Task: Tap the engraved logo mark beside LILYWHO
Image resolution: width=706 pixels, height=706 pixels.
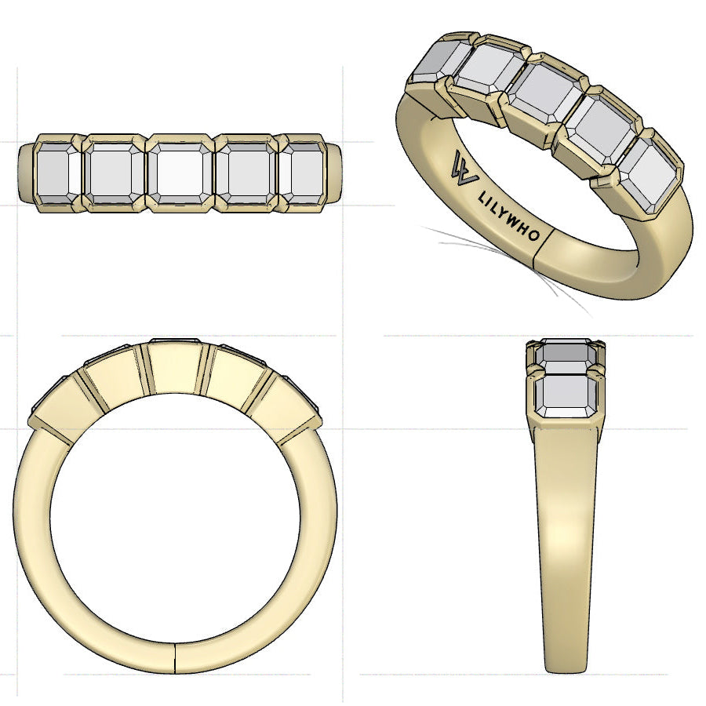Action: pyautogui.click(x=464, y=166)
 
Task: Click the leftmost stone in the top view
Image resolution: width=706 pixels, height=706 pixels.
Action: pyautogui.click(x=56, y=173)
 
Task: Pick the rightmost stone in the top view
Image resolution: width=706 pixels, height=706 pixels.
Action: pyautogui.click(x=303, y=173)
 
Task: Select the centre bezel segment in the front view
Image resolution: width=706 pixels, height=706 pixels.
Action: pyautogui.click(x=174, y=369)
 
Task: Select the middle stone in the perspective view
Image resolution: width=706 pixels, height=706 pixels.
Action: pyautogui.click(x=543, y=91)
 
